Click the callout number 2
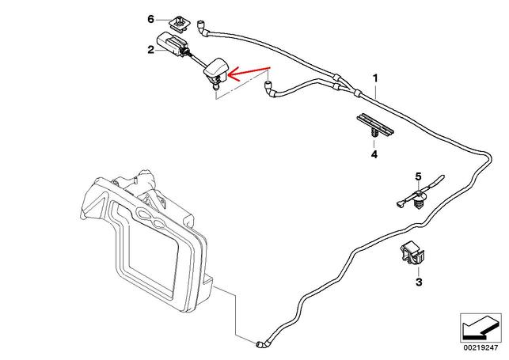tap(150, 50)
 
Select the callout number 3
tap(420, 281)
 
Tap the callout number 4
tap(374, 155)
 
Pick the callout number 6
tap(150, 17)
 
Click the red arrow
tap(252, 74)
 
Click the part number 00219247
tap(480, 346)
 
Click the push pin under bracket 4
tap(371, 138)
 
